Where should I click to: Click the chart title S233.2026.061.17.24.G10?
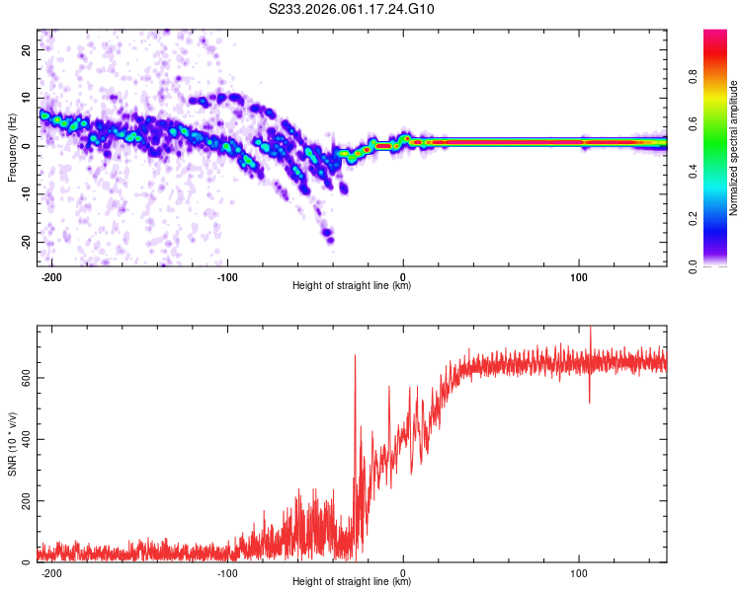[x=352, y=10]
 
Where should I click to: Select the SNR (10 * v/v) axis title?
[x=12, y=444]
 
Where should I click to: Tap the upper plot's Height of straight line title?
[x=352, y=286]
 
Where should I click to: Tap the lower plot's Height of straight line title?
[x=352, y=582]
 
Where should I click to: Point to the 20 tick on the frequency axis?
[x=27, y=49]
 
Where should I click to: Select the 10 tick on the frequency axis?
[x=27, y=98]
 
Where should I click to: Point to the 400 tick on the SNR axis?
[x=22, y=439]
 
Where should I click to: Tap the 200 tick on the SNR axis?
[x=22, y=501]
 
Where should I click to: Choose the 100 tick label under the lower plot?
[x=578, y=572]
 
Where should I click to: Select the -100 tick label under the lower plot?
[x=227, y=572]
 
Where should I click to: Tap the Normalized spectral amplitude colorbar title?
[x=734, y=148]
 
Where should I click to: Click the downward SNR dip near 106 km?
[x=590, y=400]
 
